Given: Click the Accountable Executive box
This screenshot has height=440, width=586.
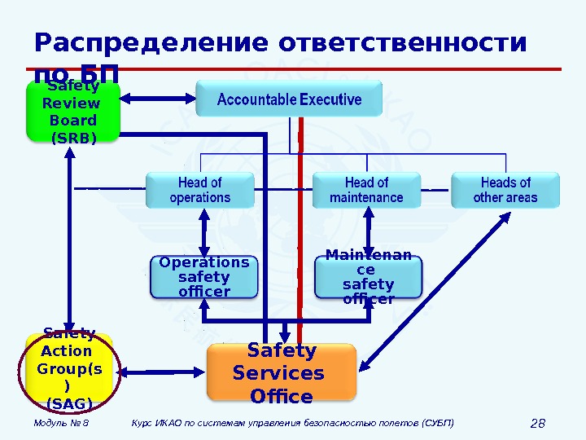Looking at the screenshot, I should [x=290, y=100].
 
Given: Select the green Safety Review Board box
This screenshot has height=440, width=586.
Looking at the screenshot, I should [x=73, y=112].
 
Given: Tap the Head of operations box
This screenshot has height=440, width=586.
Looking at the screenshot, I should [x=200, y=190].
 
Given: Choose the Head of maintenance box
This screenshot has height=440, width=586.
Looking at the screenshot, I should [x=366, y=190].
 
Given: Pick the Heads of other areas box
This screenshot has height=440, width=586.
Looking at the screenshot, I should [x=505, y=190].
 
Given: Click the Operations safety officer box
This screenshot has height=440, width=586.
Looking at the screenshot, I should [x=203, y=277].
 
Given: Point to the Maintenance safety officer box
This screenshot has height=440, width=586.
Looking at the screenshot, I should [x=368, y=278].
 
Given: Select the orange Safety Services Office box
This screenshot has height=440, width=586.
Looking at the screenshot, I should [x=282, y=373].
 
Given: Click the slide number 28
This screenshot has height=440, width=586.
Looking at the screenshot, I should [x=537, y=423].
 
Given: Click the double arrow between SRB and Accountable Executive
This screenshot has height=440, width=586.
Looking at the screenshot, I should [x=158, y=99].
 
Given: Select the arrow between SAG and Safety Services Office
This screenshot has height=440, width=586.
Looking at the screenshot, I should [x=163, y=372].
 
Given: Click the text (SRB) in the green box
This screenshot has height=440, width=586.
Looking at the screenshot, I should [x=73, y=138].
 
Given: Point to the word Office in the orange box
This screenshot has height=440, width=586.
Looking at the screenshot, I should [x=282, y=397].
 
